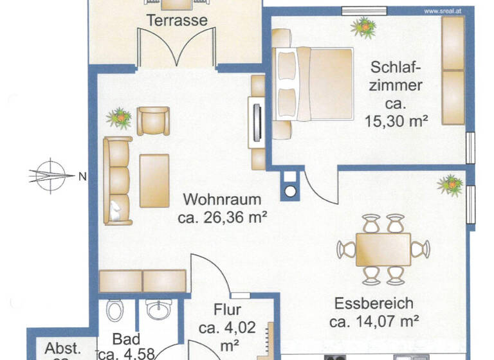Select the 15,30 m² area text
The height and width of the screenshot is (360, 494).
click(396, 119)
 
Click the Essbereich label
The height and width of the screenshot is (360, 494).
click(373, 303)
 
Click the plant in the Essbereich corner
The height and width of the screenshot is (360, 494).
click(450, 184)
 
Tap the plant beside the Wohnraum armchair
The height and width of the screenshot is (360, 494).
click(119, 118)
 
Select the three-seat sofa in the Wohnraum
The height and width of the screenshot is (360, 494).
click(118, 181)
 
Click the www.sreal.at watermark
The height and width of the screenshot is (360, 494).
click(446, 10)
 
